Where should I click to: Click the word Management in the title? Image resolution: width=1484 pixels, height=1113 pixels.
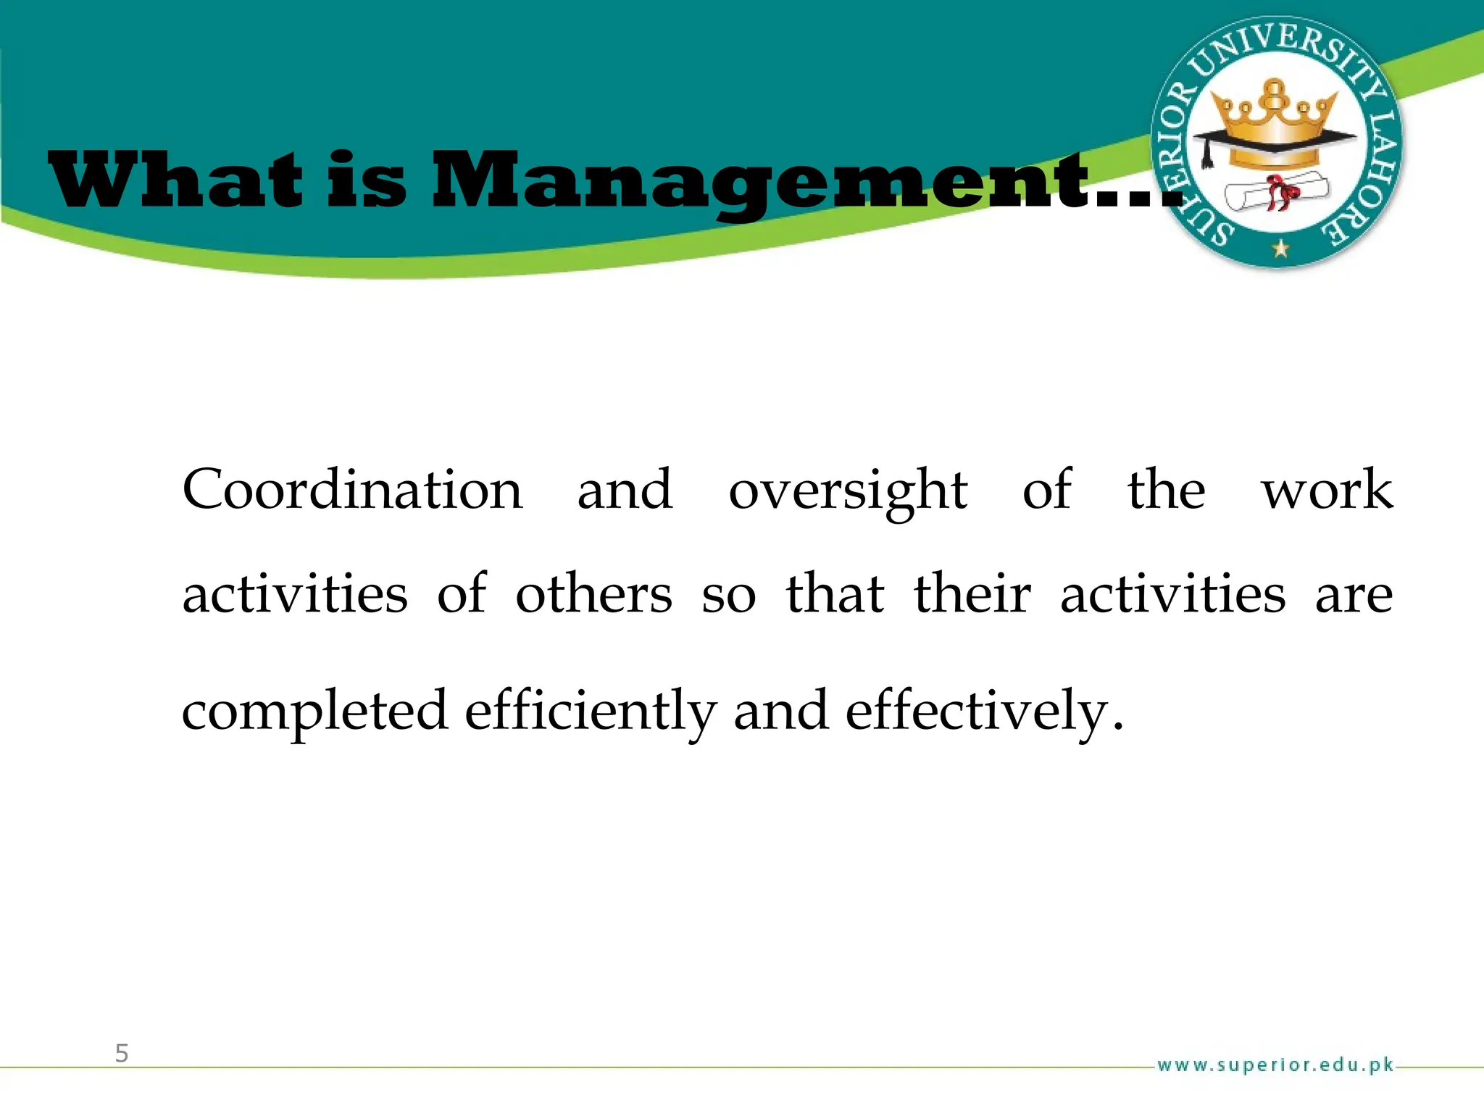(761, 181)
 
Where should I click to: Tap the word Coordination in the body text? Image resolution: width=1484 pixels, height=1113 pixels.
(352, 490)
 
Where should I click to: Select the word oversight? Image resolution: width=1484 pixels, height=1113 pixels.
(848, 491)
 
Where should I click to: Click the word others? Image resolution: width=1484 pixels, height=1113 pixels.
(594, 594)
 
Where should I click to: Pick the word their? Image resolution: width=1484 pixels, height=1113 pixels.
(972, 594)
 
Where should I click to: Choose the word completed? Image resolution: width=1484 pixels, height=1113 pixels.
(314, 712)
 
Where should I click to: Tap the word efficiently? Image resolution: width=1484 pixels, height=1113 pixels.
(591, 712)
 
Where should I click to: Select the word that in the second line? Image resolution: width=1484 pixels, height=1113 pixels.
(835, 594)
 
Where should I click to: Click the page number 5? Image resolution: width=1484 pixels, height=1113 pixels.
(122, 1053)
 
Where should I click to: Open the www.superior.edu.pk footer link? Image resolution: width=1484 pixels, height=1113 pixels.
(1275, 1065)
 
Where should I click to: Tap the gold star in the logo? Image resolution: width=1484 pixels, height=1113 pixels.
(1280, 249)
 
